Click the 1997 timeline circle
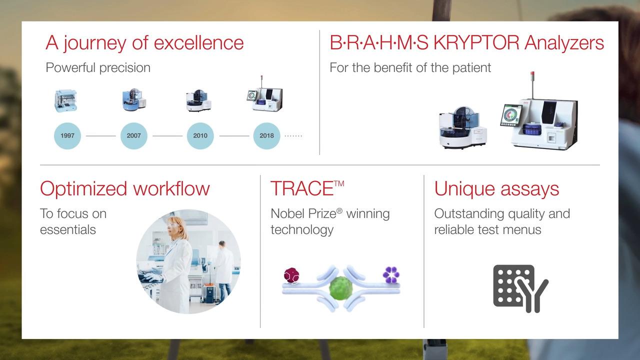[x=67, y=135]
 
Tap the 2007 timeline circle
[x=133, y=135]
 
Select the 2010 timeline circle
[x=200, y=135]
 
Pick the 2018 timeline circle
[x=266, y=135]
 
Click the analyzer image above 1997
[x=65, y=100]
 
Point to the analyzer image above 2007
[x=134, y=99]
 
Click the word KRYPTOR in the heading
[x=476, y=43]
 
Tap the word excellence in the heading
[x=198, y=43]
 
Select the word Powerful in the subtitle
[x=70, y=67]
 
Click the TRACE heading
[x=307, y=188]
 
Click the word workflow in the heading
[x=171, y=188]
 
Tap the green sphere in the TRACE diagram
[x=340, y=288]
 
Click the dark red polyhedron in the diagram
[x=291, y=275]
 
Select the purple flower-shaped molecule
[x=391, y=274]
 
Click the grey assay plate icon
[x=520, y=288]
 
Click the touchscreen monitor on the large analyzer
[x=511, y=115]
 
